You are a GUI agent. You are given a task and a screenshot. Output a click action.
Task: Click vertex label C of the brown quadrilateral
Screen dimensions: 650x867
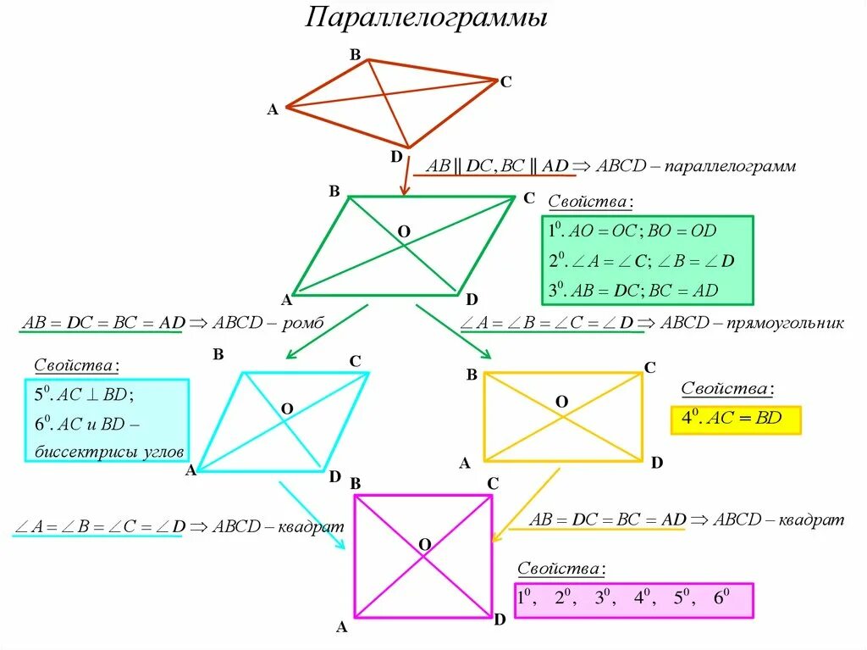(x=505, y=82)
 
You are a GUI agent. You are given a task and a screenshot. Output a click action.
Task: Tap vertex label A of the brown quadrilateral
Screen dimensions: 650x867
(x=272, y=109)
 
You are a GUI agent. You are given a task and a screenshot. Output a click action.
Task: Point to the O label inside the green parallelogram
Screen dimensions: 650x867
(x=404, y=231)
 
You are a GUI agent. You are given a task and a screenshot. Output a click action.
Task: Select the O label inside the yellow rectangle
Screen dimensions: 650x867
(x=561, y=401)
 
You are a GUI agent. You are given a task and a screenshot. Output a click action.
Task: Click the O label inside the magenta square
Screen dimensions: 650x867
(x=425, y=543)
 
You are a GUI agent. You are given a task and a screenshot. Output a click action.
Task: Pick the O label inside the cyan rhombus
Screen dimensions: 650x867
(x=287, y=408)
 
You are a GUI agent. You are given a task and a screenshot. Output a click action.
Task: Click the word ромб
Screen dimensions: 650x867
(x=307, y=324)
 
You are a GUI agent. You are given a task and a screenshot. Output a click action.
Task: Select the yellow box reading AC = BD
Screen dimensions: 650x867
(x=735, y=419)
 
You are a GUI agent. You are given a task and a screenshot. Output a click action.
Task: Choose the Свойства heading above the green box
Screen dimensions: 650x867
(x=590, y=203)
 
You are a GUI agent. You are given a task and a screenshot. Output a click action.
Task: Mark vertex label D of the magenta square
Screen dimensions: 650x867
(x=500, y=620)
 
